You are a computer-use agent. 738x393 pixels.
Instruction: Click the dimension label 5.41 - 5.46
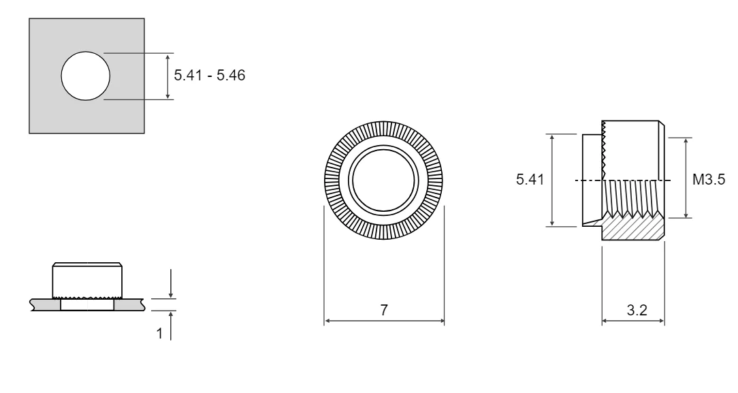coord(210,76)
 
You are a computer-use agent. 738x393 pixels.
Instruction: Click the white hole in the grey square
coord(86,76)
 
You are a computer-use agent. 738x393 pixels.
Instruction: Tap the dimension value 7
coord(384,310)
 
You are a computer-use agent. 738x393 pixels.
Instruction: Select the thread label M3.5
coord(709,179)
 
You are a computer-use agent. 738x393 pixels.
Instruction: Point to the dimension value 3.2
coord(637,310)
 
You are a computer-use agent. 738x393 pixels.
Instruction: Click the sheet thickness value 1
coord(159,333)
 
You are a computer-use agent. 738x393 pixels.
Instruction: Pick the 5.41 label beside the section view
coord(530,179)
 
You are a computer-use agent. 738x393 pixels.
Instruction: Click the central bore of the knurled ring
coord(383,180)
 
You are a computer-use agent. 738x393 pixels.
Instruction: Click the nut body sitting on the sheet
coord(87,280)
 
